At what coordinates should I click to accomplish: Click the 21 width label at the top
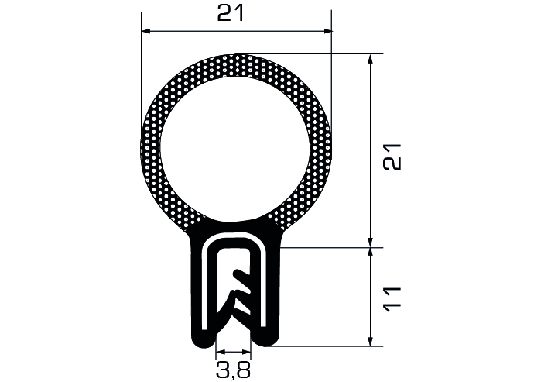coord(231,14)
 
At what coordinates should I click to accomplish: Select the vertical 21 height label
coord(392,157)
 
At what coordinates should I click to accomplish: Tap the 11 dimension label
coord(392,299)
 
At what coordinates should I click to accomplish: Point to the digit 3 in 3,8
coord(222,370)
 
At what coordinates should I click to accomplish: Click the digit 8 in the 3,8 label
coord(245,370)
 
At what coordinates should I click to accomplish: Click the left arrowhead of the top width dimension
coord(145,31)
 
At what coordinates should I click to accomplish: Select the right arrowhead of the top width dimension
coord(327,31)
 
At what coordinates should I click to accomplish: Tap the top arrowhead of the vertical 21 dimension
coord(371,59)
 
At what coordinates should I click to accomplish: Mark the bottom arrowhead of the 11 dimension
coord(371,342)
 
